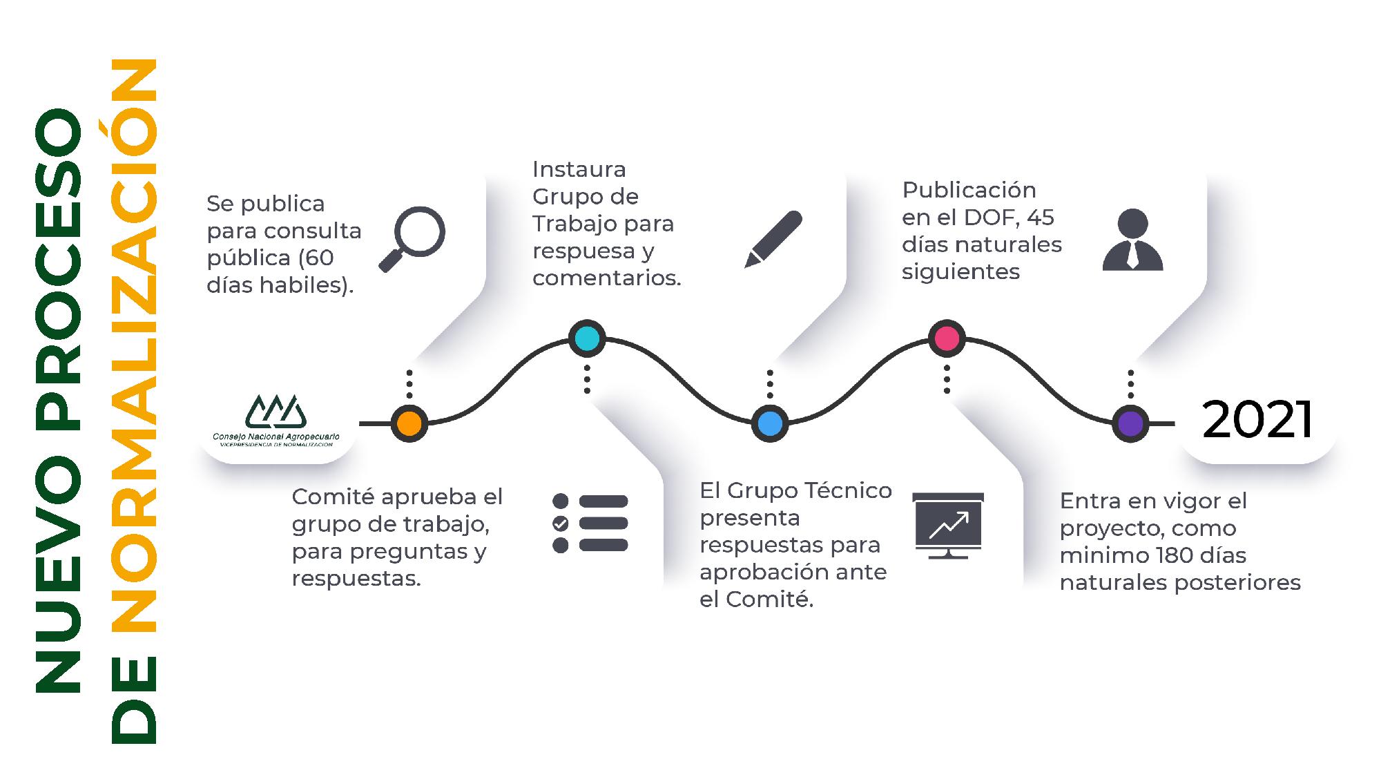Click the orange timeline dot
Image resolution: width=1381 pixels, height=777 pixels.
409,423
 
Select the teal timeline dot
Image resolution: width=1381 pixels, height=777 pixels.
587,338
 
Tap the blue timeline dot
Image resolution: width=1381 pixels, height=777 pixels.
770,423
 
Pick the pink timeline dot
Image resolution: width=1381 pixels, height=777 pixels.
947,338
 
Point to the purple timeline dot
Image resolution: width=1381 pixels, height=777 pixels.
1130,423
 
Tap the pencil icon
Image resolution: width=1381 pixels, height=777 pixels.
773,239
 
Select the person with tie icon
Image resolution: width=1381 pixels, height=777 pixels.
1132,240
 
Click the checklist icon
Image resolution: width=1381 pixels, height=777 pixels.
590,523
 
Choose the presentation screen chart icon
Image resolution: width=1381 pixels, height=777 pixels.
948,525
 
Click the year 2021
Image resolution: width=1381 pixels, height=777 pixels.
1257,420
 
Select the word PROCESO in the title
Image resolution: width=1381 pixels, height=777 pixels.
59,269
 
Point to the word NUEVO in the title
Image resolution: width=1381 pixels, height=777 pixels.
59,573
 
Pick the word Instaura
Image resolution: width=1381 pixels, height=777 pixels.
579,169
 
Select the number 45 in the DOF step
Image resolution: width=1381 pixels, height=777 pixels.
1041,218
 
